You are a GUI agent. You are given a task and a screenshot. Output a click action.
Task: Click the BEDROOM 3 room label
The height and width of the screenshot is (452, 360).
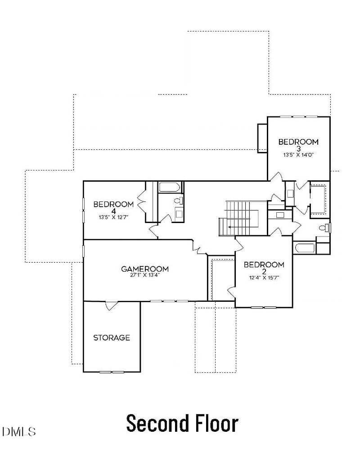point(298,145)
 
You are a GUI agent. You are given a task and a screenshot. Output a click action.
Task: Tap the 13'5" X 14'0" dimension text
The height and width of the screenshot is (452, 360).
point(298,155)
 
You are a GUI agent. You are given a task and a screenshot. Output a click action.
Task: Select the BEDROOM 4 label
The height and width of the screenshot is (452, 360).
point(114,207)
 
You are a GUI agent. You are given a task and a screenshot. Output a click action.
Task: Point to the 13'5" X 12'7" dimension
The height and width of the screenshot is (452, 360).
point(114,217)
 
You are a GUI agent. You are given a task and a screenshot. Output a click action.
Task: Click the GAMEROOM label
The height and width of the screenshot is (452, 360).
point(145,269)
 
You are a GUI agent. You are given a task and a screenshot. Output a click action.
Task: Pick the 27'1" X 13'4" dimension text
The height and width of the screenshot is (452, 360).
point(145,275)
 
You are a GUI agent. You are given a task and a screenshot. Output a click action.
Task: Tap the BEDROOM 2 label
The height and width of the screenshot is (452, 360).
point(264,268)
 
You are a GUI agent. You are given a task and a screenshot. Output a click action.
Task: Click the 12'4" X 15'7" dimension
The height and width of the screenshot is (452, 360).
point(264,278)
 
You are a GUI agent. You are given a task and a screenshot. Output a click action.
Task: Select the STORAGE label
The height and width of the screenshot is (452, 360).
point(112,338)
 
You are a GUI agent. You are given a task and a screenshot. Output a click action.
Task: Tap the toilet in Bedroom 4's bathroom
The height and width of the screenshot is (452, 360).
point(179,201)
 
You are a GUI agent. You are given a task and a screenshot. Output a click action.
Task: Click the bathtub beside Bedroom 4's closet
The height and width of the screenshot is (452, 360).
point(170,187)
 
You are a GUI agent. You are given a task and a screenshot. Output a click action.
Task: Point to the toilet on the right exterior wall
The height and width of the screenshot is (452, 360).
point(324,228)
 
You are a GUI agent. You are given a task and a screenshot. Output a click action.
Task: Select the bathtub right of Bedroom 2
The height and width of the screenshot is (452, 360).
point(305,248)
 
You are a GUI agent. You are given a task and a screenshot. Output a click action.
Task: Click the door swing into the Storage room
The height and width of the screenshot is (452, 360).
point(112,306)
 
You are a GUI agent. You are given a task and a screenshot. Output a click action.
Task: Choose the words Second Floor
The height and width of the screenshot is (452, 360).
point(182,423)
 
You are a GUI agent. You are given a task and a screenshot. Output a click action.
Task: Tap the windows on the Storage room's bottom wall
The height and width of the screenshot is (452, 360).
point(112,372)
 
